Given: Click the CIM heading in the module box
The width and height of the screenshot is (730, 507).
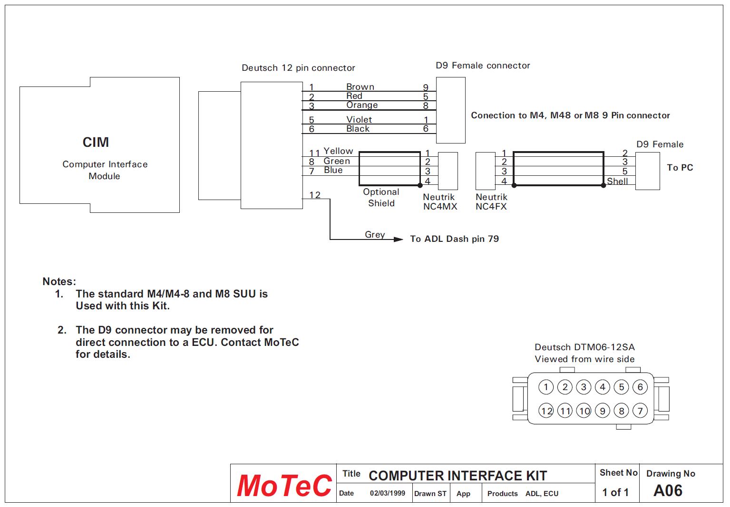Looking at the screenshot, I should coord(96,142).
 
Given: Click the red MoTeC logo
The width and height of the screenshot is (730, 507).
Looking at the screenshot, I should coord(284,486).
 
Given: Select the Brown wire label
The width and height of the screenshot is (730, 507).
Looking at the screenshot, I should coord(360,87).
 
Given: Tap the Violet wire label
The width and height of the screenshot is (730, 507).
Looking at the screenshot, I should coord(359,120).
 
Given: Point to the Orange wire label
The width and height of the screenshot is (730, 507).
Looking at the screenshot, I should coord(362,105).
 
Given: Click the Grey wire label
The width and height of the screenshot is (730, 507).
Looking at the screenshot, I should coord(375,235).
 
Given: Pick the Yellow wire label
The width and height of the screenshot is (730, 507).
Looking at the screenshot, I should coord(338,151).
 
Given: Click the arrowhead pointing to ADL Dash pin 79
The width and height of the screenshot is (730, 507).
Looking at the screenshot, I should coord(399,239).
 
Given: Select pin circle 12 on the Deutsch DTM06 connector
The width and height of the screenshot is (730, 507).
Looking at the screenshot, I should coord(546,411).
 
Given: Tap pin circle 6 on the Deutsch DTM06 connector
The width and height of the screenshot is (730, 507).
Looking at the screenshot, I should coord(640,387).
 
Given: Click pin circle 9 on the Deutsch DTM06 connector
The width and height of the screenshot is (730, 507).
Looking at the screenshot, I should coord(603,411).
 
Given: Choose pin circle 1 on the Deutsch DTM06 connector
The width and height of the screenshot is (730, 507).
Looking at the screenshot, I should coord(546,387).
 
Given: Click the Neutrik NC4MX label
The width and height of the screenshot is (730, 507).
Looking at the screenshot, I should coord(440,202).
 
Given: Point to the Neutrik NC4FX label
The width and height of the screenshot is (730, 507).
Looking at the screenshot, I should coord(491,202).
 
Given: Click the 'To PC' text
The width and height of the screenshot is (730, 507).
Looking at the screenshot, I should coord(680,168).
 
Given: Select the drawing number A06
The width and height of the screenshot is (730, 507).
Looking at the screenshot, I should coord(668,490).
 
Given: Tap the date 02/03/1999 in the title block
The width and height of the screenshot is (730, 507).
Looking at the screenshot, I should coord(387,493).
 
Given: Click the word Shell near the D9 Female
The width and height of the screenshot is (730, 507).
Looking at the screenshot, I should coord(617,182).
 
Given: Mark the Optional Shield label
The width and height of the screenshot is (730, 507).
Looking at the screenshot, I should coord(381,198).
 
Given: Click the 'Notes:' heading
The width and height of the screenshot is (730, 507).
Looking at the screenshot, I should coord(59,281).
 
